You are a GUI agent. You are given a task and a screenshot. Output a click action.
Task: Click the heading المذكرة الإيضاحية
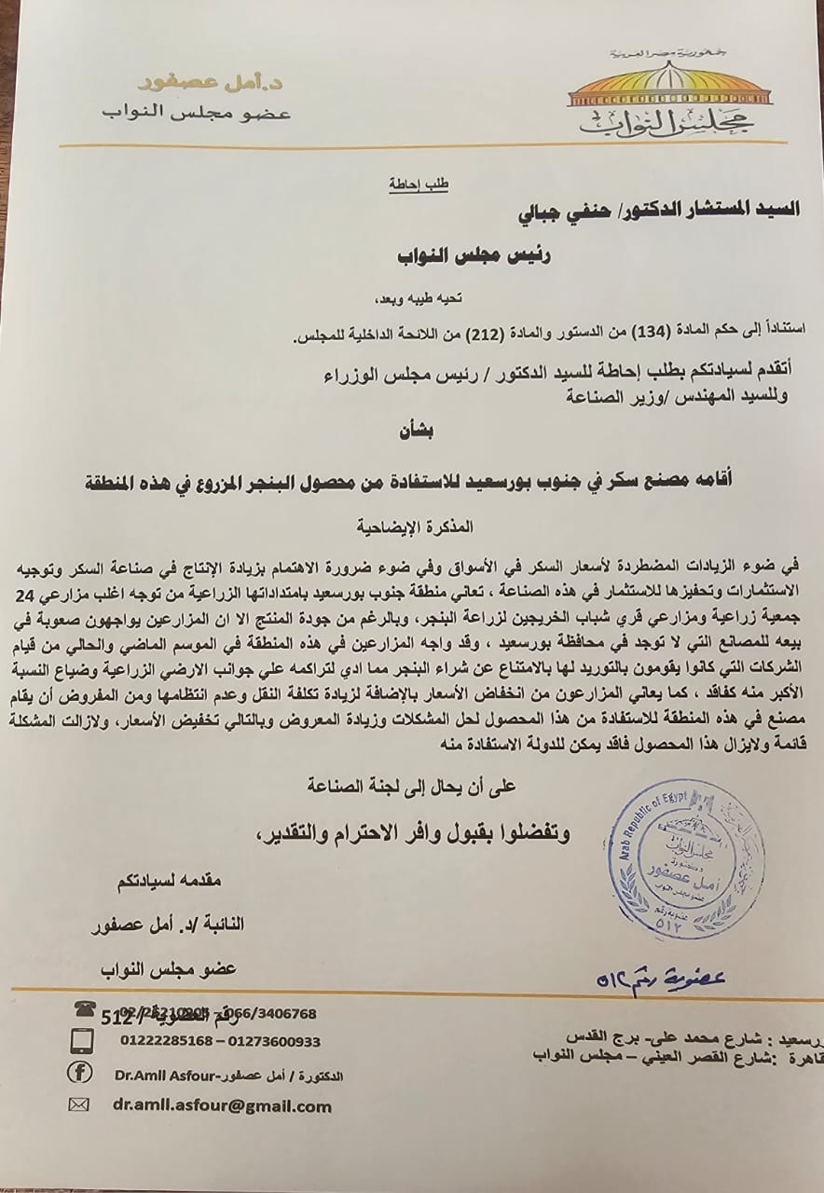[421, 526]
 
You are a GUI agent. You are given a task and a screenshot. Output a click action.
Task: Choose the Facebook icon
[81, 1073]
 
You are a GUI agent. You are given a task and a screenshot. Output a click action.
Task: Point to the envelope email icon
[80, 1105]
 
